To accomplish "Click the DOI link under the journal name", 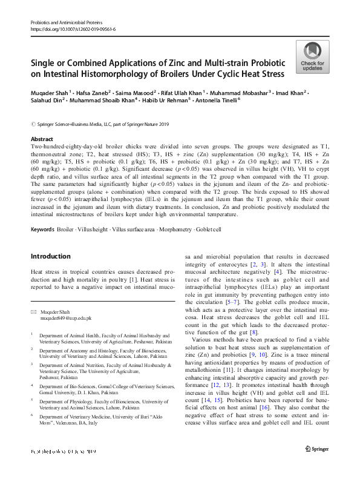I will point(73,29).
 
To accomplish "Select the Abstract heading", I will point(42,139).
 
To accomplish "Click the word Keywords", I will point(42,229).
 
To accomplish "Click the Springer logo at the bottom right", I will point(317,466).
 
